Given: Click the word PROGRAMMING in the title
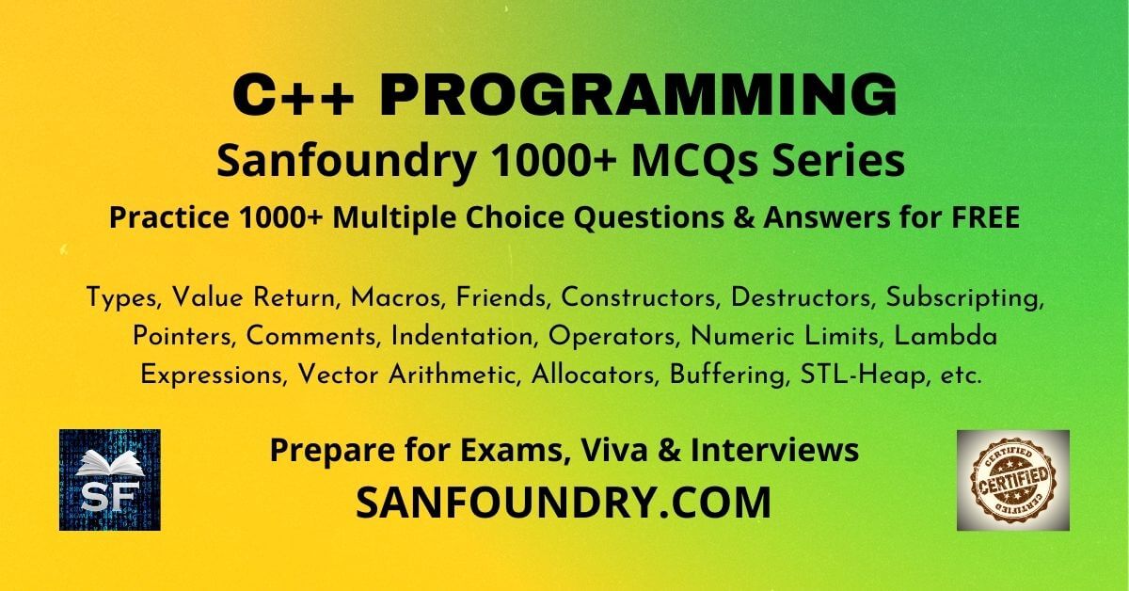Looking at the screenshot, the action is (x=638, y=95).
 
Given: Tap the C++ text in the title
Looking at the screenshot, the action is (x=293, y=95).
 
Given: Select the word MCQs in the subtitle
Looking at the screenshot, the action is (x=694, y=163).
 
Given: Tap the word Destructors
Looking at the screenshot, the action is (x=801, y=297).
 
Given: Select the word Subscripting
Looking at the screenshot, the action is (x=964, y=299).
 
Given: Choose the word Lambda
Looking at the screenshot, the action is (x=946, y=336).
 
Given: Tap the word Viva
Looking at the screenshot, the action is (x=614, y=450).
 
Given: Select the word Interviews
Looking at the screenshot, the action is (x=774, y=450).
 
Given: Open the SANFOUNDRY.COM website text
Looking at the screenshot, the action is (x=564, y=503).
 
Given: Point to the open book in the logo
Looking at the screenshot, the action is (x=110, y=463).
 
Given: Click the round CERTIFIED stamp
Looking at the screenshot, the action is (x=1013, y=480).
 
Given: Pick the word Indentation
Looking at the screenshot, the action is (x=462, y=337).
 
